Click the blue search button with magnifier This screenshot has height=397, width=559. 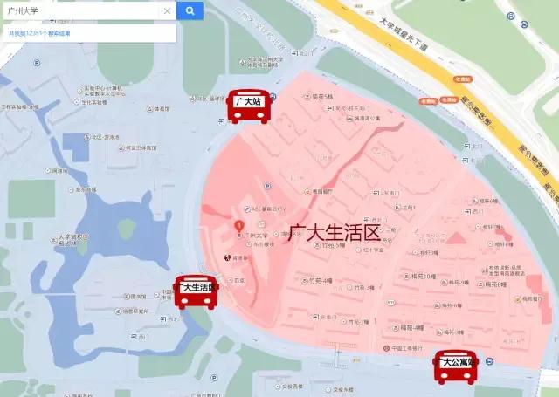[190, 10]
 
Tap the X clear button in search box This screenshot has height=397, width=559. [167, 11]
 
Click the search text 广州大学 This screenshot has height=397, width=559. [23, 11]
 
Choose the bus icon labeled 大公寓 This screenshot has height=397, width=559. [456, 366]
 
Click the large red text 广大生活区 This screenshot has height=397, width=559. [336, 233]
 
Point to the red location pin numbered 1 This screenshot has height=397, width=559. [239, 226]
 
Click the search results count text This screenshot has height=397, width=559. [39, 33]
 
